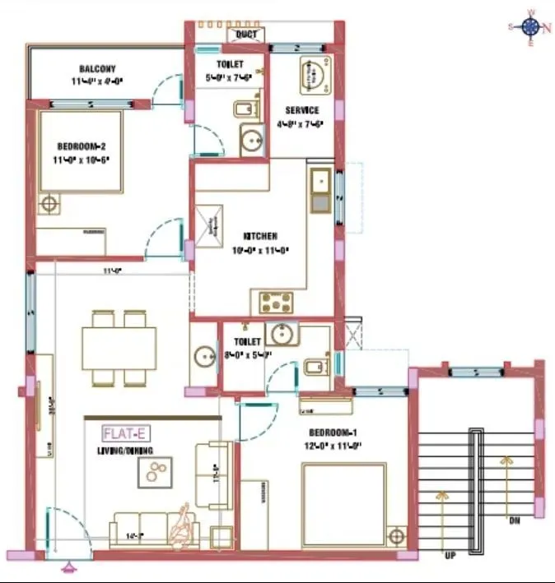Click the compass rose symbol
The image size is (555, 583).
(x=530, y=26)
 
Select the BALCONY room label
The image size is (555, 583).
(x=97, y=68)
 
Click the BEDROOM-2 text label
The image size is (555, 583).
(x=80, y=146)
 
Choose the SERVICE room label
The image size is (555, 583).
(x=302, y=110)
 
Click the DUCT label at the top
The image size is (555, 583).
(x=246, y=35)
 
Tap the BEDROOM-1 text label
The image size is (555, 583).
(x=333, y=433)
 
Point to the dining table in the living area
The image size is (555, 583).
(x=119, y=349)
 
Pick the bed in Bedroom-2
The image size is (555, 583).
(x=81, y=153)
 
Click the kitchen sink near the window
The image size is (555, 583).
(x=319, y=191)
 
